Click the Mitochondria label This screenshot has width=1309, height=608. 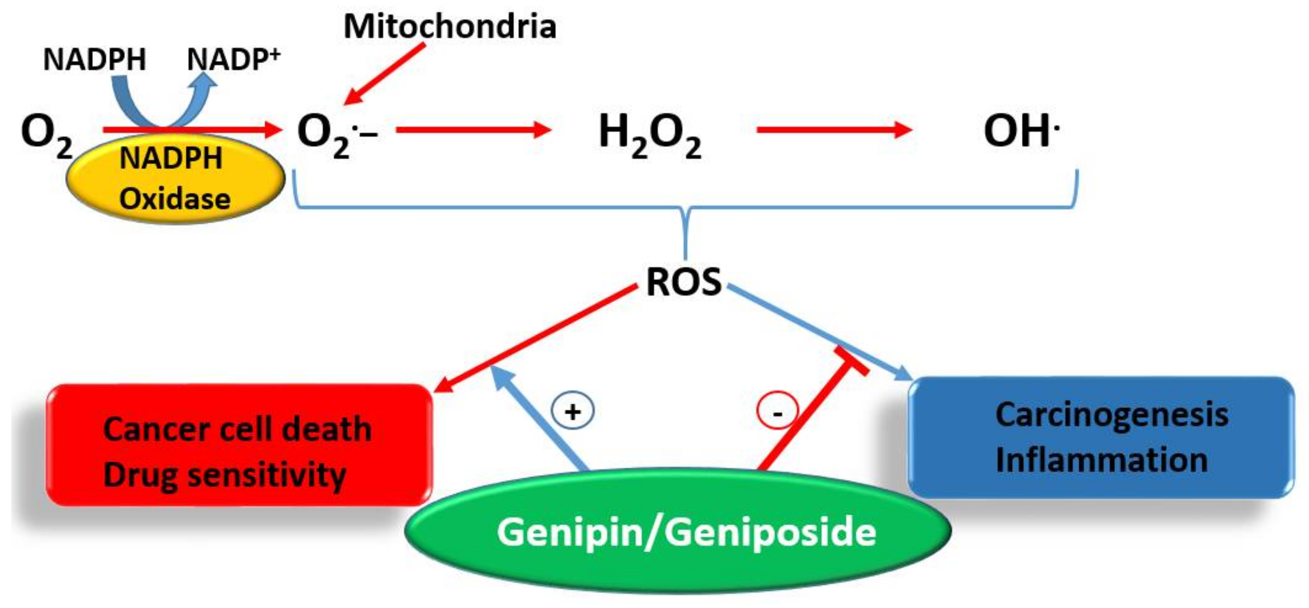pyautogui.click(x=450, y=26)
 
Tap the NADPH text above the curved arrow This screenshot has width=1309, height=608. pyautogui.click(x=94, y=59)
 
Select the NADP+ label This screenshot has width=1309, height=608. pyautogui.click(x=233, y=59)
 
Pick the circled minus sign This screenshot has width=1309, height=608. pyautogui.click(x=777, y=411)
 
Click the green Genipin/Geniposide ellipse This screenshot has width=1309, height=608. pyautogui.click(x=679, y=531)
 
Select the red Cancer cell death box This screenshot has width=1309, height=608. pyautogui.click(x=239, y=445)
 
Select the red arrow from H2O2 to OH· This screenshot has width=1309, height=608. pyautogui.click(x=833, y=130)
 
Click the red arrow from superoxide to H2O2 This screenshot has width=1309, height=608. pyautogui.click(x=473, y=130)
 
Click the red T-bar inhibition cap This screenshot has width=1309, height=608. pyautogui.click(x=852, y=362)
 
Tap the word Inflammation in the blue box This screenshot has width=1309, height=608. pyautogui.click(x=1101, y=460)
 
